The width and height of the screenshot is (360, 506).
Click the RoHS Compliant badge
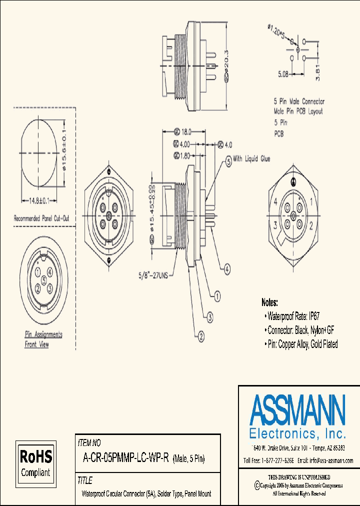tap(35, 463)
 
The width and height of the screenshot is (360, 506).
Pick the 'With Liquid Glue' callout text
tap(251, 159)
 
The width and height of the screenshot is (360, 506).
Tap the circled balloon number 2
tap(200, 336)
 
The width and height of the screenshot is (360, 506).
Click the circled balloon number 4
tap(227, 269)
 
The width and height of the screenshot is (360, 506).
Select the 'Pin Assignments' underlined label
tap(43, 334)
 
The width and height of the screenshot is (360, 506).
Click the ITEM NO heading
tap(89, 442)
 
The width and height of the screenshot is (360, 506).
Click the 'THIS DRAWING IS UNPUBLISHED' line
tap(299, 477)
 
